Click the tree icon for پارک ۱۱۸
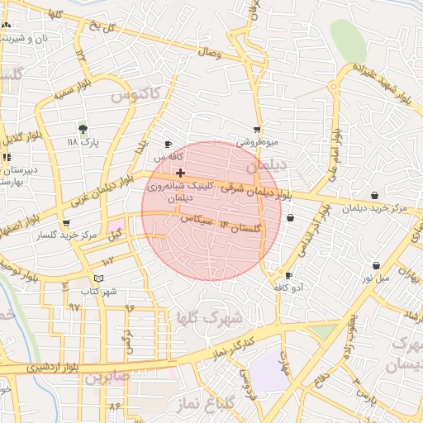[83, 129]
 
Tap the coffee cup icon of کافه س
[169, 143]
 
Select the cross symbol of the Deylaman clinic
[180, 173]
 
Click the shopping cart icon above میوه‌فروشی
[257, 129]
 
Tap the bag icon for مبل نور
[377, 266]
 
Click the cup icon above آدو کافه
[288, 275]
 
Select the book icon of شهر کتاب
[99, 278]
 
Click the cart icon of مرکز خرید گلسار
[66, 223]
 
